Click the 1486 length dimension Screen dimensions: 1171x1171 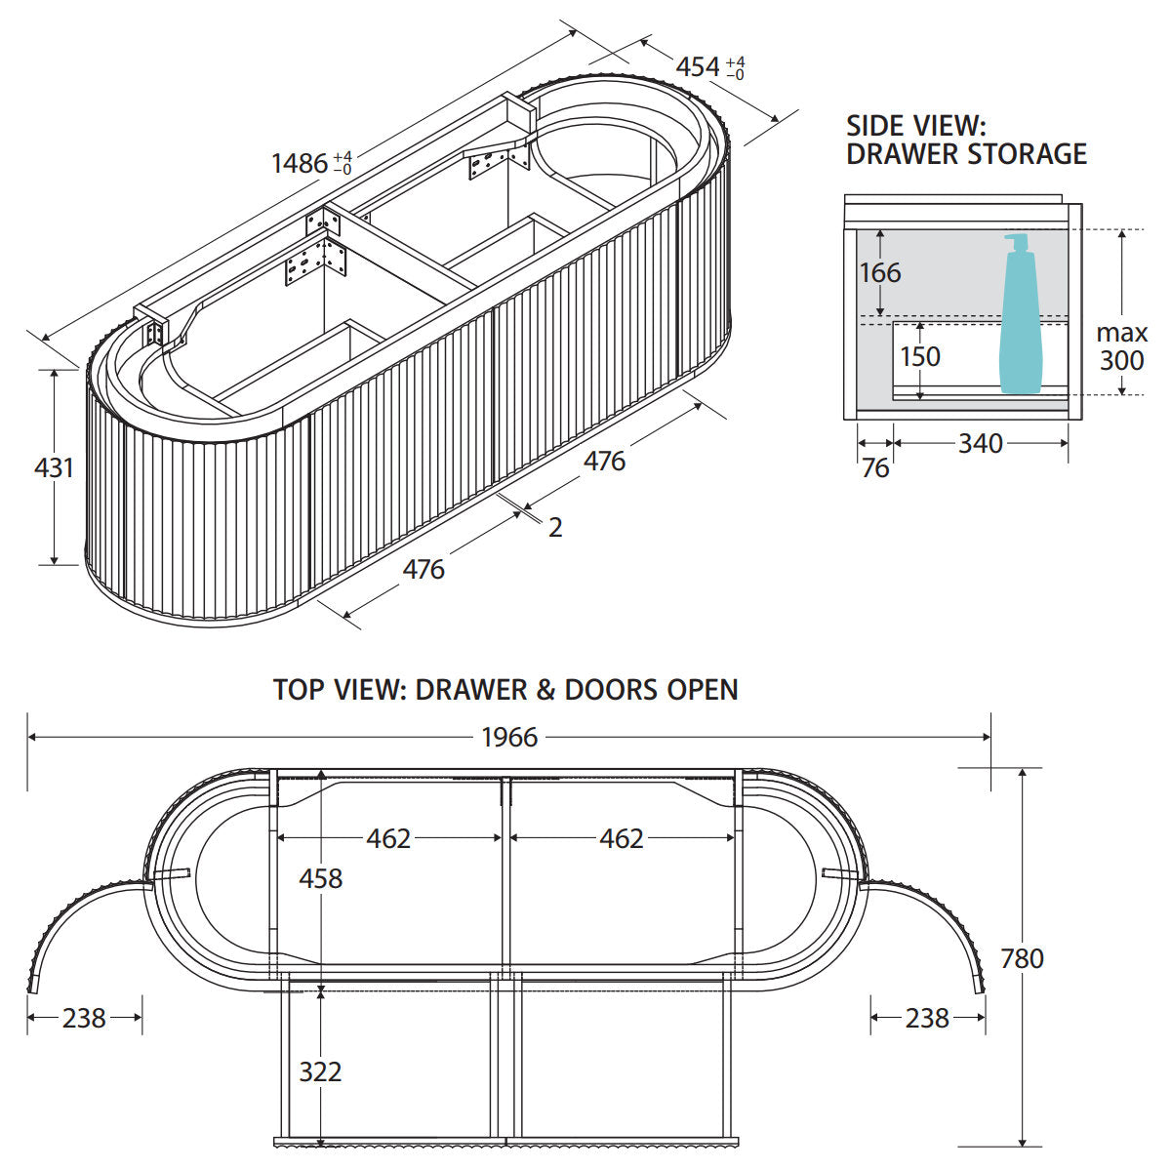click(311, 163)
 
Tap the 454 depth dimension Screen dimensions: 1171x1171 click(709, 67)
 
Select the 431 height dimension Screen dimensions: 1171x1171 click(54, 467)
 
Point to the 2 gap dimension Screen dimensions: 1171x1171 click(555, 528)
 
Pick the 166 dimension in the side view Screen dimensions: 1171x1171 click(880, 273)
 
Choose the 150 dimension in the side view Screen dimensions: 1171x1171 click(920, 357)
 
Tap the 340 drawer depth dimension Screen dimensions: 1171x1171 click(980, 444)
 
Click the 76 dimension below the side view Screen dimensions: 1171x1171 click(875, 468)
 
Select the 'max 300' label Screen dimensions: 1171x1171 click(1122, 346)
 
